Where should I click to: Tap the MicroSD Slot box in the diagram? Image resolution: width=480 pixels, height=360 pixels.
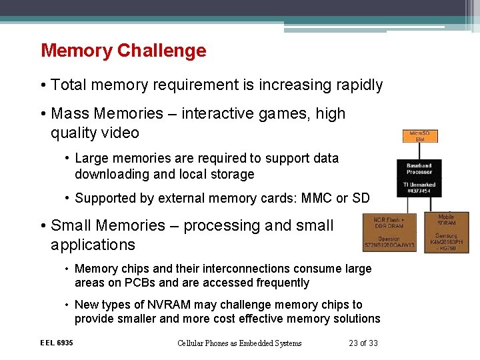tap(419, 137)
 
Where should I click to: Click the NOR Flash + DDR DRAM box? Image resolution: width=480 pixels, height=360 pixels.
tap(389, 233)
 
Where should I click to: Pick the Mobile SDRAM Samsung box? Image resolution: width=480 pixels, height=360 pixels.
tap(446, 232)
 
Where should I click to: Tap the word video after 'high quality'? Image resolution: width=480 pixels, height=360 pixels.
tap(120, 133)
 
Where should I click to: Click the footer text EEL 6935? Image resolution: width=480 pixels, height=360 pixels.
tap(57, 343)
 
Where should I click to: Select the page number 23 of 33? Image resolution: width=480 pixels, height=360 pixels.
tap(363, 343)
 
